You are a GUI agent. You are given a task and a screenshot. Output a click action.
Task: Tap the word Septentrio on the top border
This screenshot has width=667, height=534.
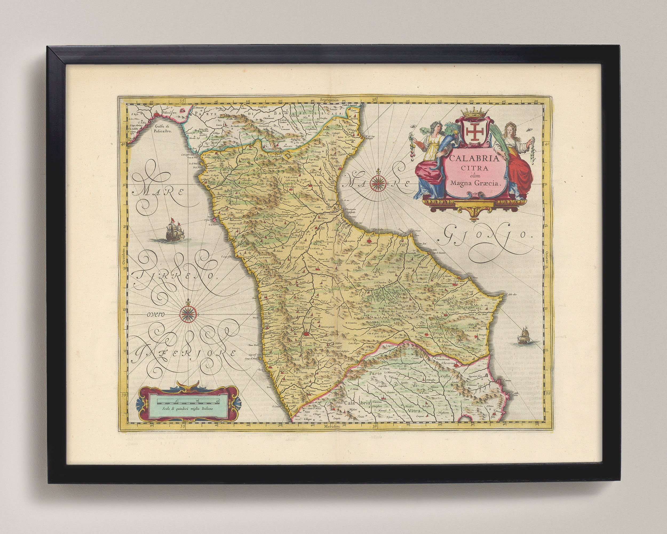pos(330,101)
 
